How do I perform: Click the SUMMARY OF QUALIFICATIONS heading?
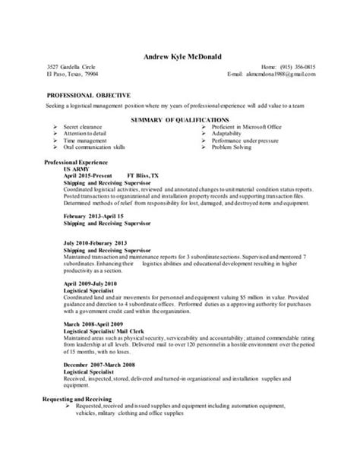tap(179, 120)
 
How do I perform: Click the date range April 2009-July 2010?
tap(89, 283)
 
